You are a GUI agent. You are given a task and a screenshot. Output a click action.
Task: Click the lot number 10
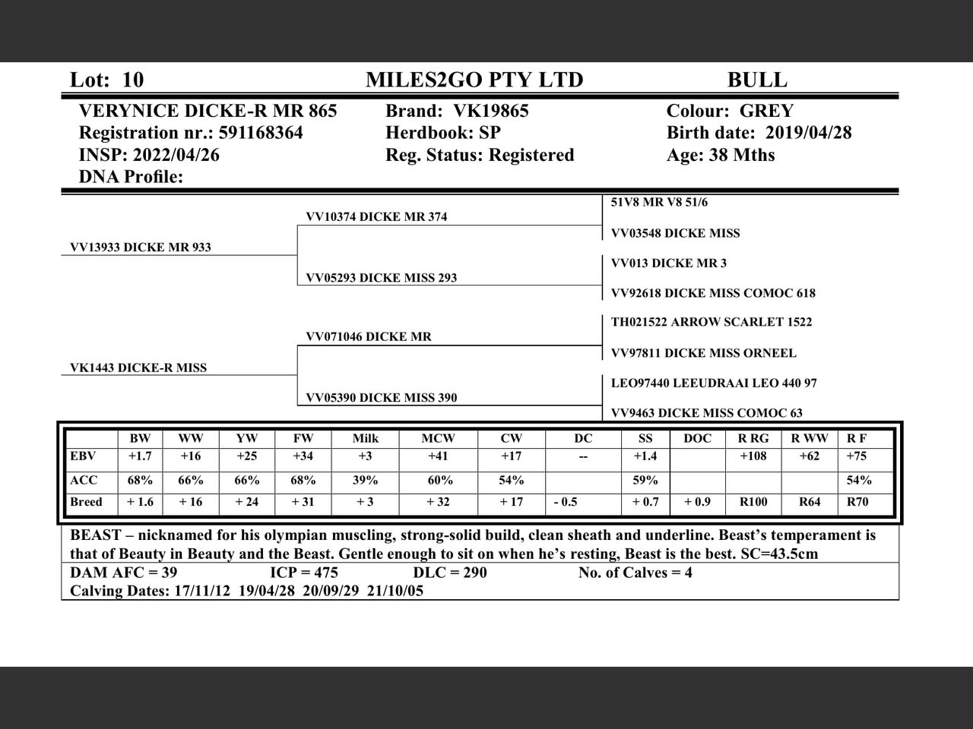click(x=132, y=80)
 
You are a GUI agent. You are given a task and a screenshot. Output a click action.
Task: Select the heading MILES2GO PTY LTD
click(x=474, y=80)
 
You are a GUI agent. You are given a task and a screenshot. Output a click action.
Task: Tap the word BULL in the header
click(x=757, y=80)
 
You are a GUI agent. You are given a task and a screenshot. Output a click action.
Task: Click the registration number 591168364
click(x=261, y=133)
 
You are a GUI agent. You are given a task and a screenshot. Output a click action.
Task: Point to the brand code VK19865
click(x=490, y=111)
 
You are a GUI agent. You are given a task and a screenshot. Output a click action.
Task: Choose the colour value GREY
click(x=766, y=111)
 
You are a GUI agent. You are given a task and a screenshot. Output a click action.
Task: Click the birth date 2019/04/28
click(x=808, y=133)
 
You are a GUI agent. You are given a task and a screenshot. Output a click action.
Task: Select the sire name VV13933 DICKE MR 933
click(x=141, y=248)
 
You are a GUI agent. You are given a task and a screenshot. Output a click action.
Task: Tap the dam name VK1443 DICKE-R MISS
click(x=138, y=368)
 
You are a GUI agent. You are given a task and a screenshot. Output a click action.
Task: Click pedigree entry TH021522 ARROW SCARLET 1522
click(x=712, y=322)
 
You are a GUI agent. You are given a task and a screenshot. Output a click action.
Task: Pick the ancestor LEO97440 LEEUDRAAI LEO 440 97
click(x=714, y=383)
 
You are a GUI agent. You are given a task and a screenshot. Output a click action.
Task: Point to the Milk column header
click(x=366, y=438)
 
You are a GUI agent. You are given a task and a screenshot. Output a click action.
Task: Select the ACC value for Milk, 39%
click(x=366, y=481)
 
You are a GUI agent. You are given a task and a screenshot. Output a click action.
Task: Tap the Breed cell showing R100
click(x=753, y=502)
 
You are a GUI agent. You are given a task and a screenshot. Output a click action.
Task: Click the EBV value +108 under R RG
click(x=753, y=456)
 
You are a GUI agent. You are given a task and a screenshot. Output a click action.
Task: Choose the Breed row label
click(x=86, y=502)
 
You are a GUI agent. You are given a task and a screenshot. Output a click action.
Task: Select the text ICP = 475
click(x=304, y=573)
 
